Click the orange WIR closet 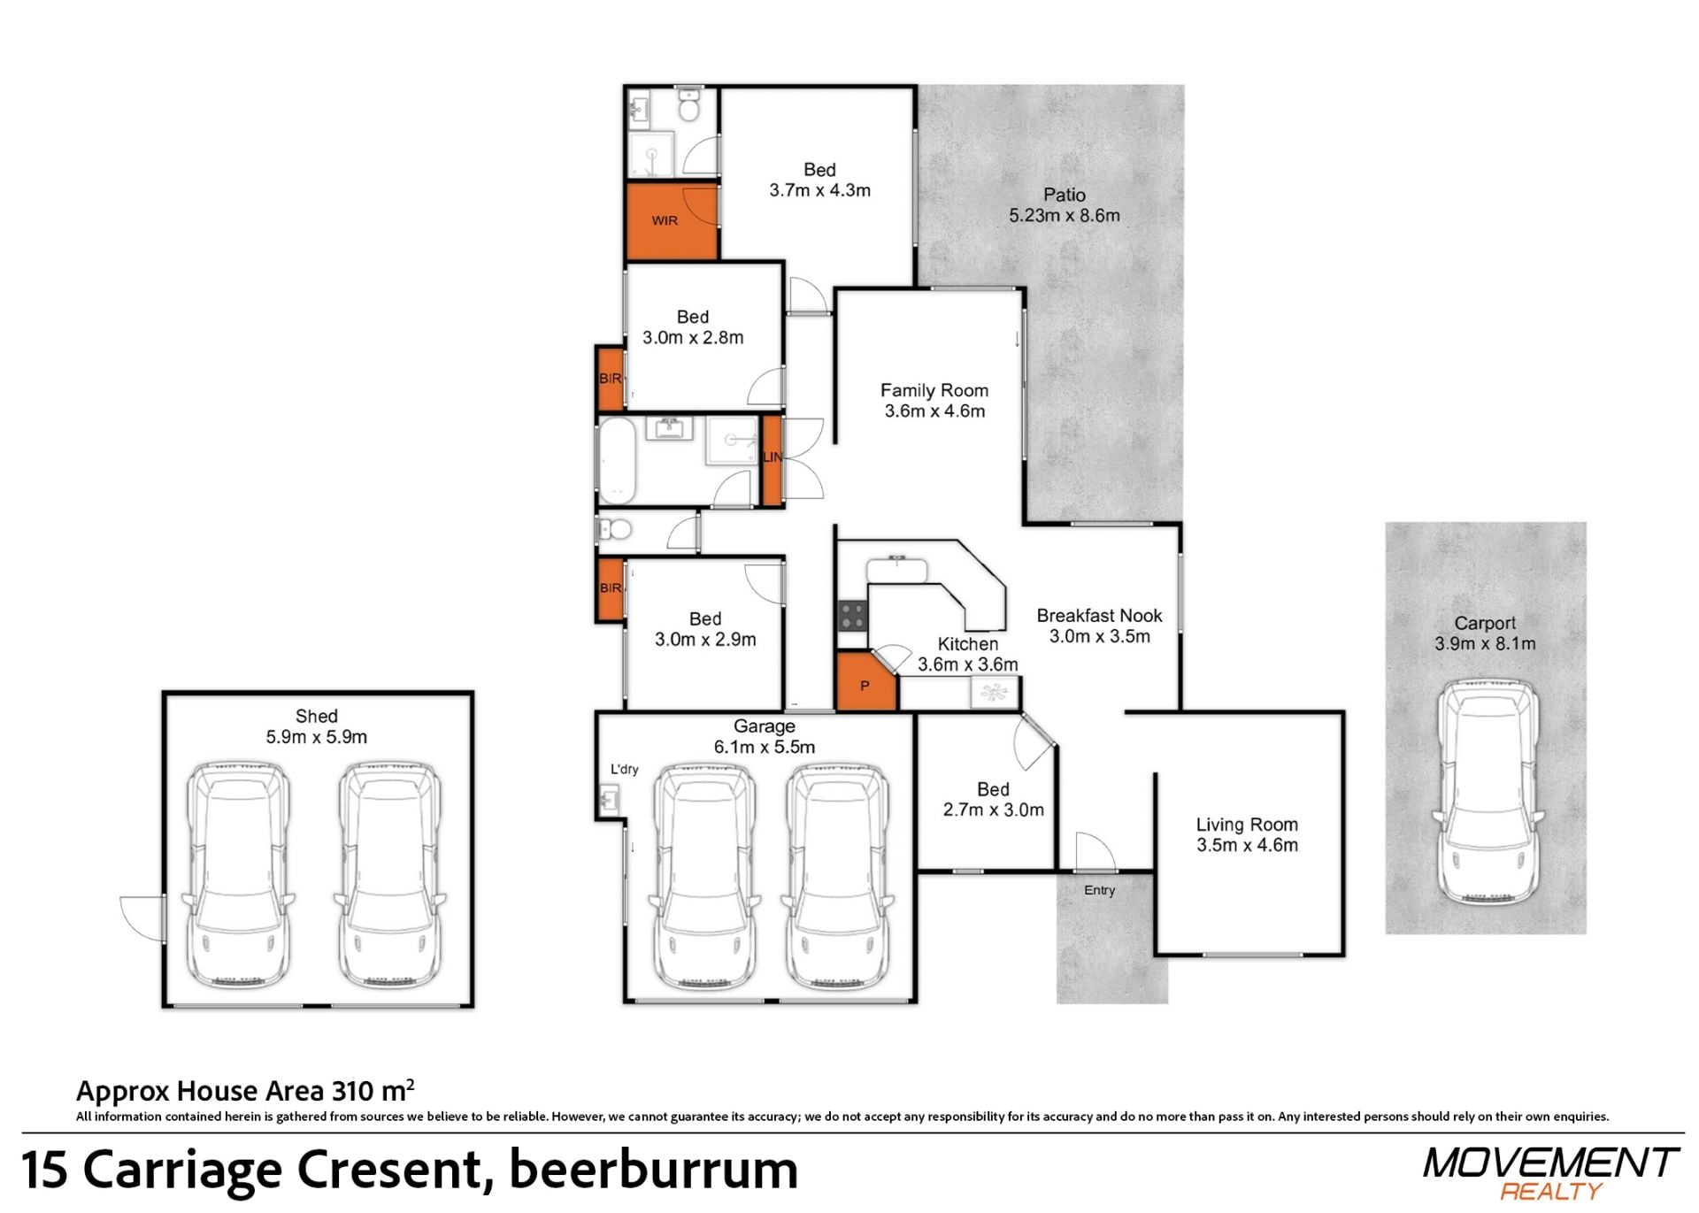(x=672, y=221)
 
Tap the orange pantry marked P (x=865, y=681)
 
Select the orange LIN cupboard (x=772, y=460)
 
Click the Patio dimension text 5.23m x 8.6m (x=1065, y=215)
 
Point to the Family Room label (x=934, y=390)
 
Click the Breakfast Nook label (x=1099, y=616)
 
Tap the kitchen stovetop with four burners (x=852, y=615)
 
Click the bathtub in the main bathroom (x=618, y=460)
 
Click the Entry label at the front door (x=1099, y=890)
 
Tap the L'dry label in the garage (x=624, y=769)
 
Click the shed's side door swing (x=142, y=918)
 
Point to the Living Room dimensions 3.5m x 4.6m (x=1247, y=845)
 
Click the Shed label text (x=316, y=716)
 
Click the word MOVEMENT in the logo (x=1550, y=1163)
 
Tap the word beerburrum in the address (x=654, y=1169)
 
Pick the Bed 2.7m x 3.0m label (x=993, y=799)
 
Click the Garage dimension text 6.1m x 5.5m (x=765, y=747)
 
